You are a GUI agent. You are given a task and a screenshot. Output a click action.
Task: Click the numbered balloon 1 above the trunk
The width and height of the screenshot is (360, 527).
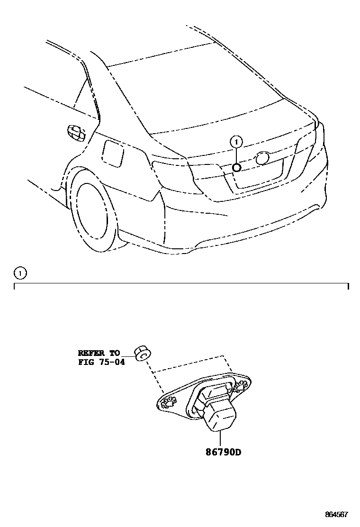click(236, 141)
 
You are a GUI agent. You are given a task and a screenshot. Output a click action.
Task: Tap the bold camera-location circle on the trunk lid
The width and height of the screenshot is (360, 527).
click(237, 167)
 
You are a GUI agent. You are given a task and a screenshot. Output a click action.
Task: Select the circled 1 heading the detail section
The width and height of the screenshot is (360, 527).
click(20, 273)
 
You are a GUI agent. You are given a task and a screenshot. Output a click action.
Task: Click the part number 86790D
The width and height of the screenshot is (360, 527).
click(223, 452)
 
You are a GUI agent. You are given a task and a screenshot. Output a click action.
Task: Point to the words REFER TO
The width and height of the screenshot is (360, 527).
click(99, 353)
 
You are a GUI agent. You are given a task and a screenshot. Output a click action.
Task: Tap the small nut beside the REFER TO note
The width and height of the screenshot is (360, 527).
click(141, 354)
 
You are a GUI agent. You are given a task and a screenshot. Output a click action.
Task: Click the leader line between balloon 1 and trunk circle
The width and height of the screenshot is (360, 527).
click(236, 155)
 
